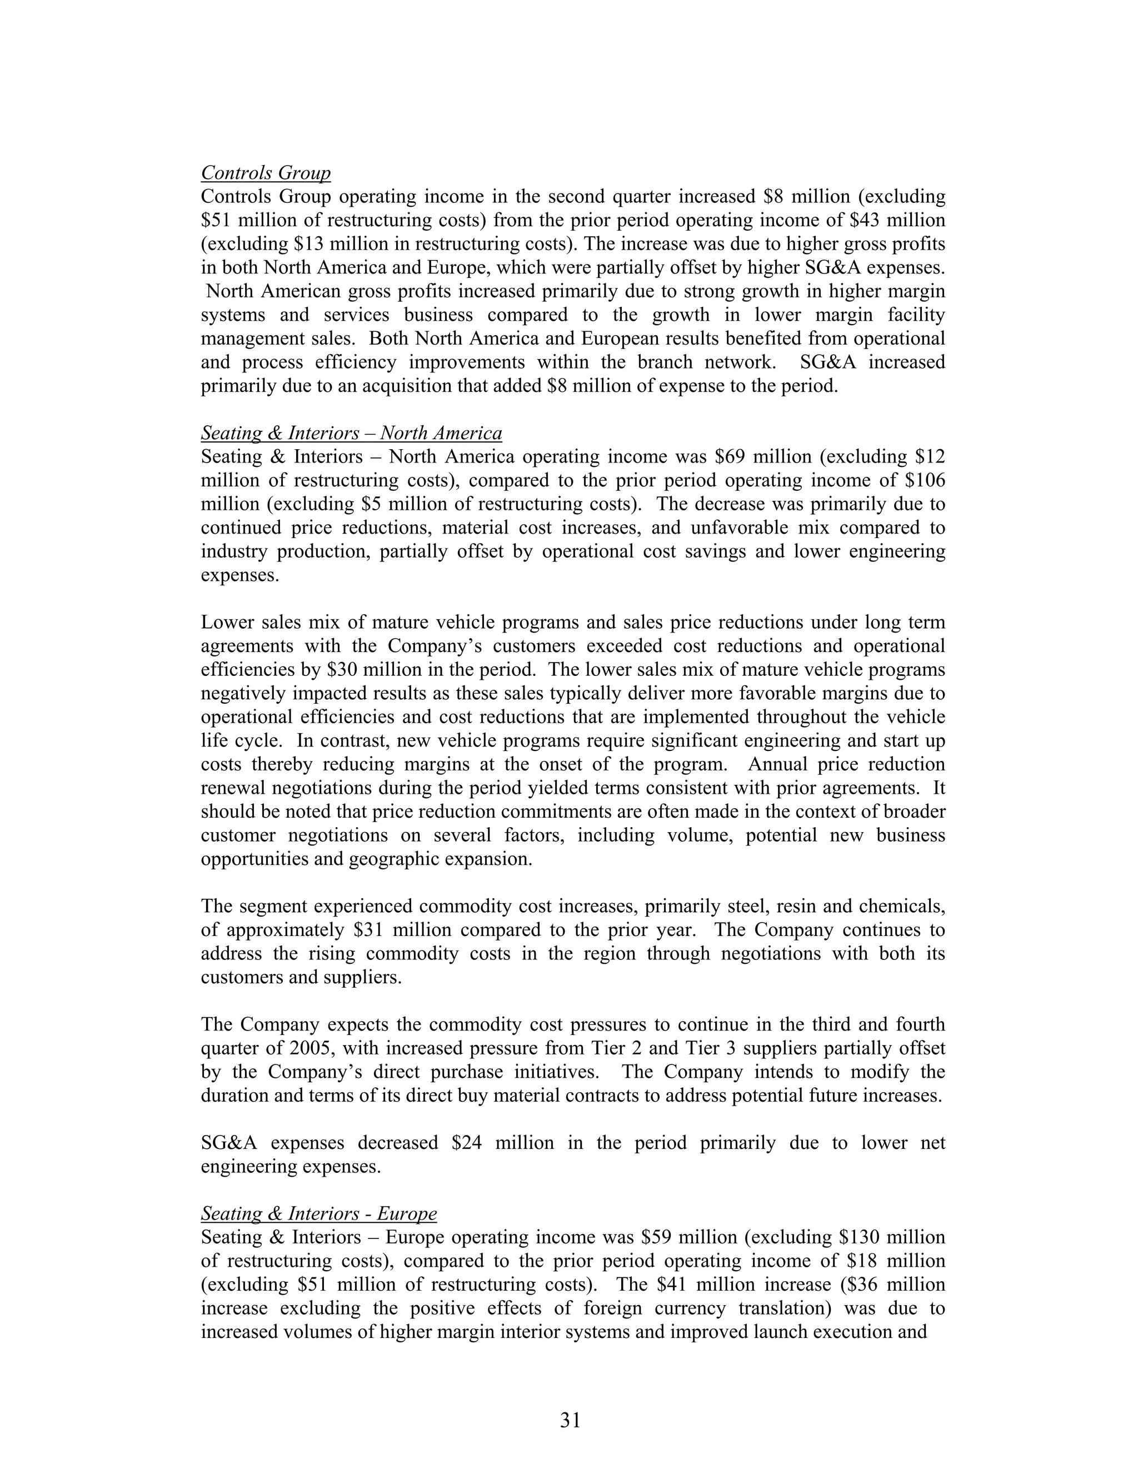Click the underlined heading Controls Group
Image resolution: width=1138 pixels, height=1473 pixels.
click(266, 173)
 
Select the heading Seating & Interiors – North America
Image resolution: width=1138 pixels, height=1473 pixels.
click(351, 433)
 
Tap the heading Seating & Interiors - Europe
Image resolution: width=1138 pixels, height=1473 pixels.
click(318, 1214)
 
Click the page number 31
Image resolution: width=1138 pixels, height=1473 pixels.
click(570, 1420)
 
